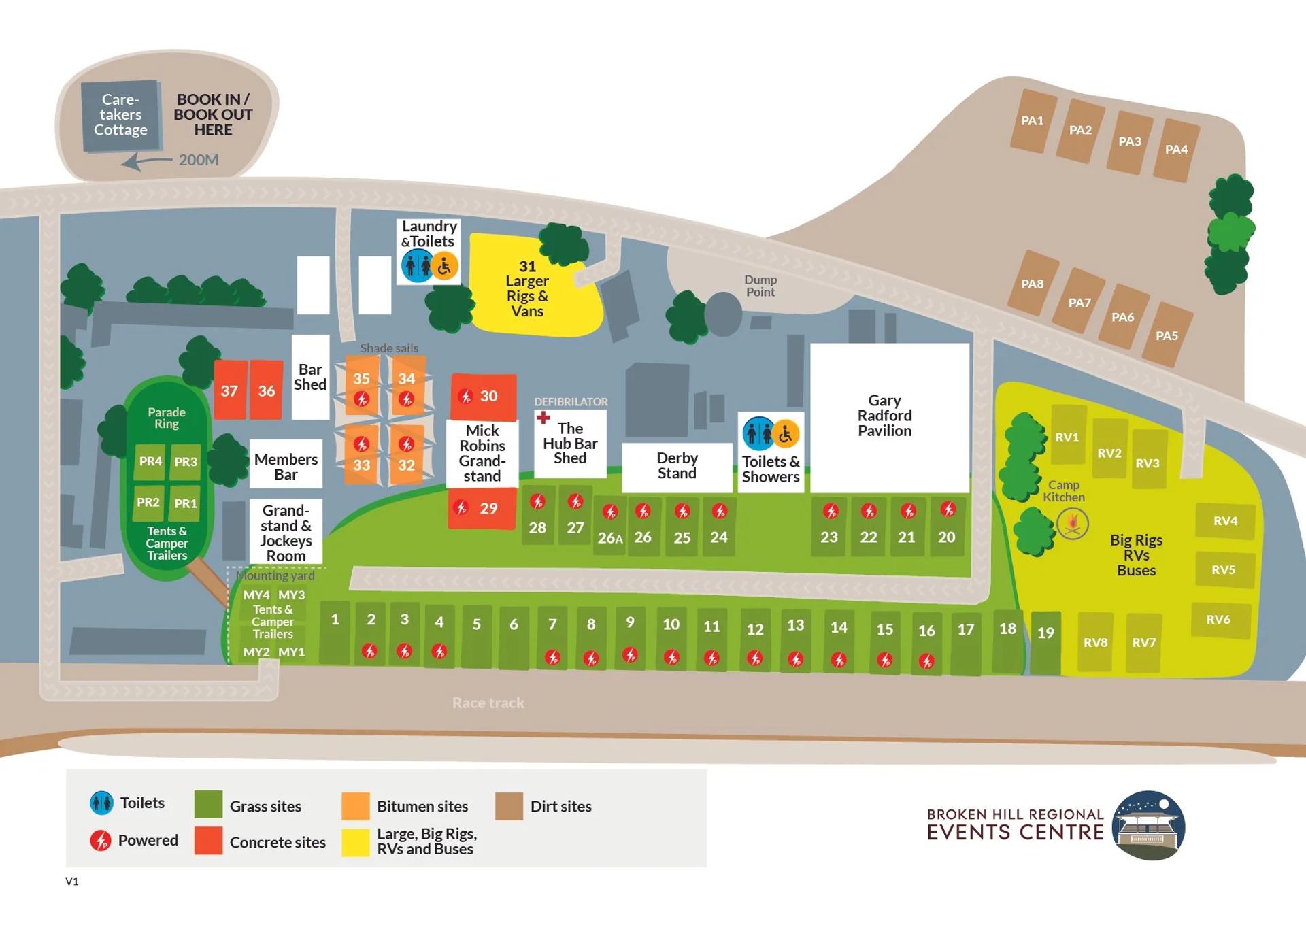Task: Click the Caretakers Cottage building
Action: pyautogui.click(x=121, y=115)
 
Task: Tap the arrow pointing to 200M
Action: pyautogui.click(x=146, y=161)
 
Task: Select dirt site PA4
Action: pyautogui.click(x=1177, y=150)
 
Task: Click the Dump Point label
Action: pyautogui.click(x=760, y=286)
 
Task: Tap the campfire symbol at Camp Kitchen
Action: pyautogui.click(x=1073, y=524)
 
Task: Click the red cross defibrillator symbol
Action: pyautogui.click(x=543, y=417)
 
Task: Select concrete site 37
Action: pyautogui.click(x=230, y=390)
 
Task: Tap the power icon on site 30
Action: pyautogui.click(x=465, y=397)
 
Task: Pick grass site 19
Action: pyautogui.click(x=1045, y=642)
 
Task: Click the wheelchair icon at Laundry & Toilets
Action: pyautogui.click(x=444, y=266)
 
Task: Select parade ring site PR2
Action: pyautogui.click(x=148, y=503)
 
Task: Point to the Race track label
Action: pyautogui.click(x=488, y=703)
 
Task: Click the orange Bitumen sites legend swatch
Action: pyautogui.click(x=356, y=806)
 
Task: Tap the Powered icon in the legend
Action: pyautogui.click(x=101, y=841)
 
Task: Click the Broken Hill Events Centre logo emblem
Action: pyautogui.click(x=1149, y=825)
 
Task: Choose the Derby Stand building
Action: pyautogui.click(x=677, y=467)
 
